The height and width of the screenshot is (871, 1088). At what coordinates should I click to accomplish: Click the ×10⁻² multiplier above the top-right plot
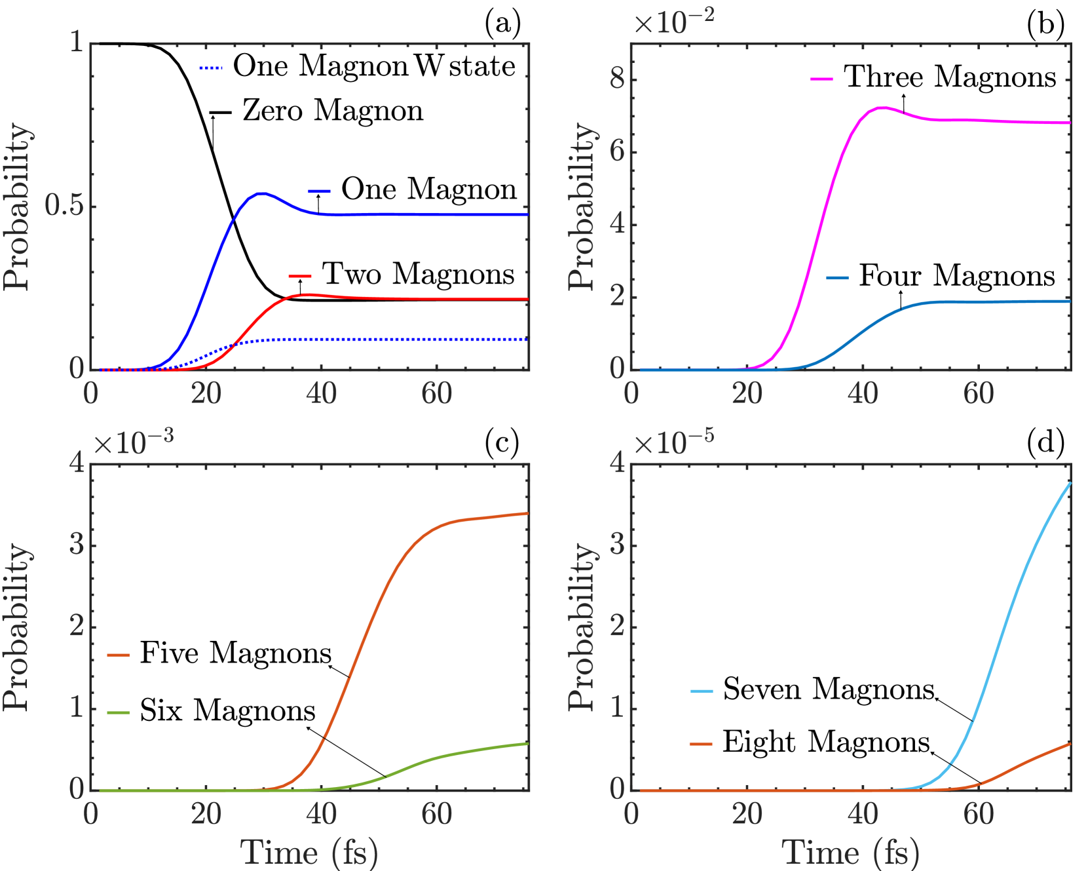tap(673, 22)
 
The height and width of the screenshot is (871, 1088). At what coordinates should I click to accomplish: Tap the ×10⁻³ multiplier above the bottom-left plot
tap(134, 443)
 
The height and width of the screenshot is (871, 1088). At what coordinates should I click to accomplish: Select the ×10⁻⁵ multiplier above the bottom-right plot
tap(673, 443)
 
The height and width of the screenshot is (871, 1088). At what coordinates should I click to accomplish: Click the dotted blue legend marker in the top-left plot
tap(211, 68)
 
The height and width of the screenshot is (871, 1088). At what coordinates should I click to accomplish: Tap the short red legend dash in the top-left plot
tap(300, 276)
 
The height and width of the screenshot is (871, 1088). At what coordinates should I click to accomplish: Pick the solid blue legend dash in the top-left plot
tap(320, 191)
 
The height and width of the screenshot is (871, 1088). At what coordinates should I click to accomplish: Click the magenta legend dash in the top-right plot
tap(821, 79)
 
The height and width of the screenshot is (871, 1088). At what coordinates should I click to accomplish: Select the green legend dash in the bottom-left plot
tap(119, 712)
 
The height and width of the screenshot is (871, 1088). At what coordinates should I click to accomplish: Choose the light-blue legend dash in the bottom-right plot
tap(702, 691)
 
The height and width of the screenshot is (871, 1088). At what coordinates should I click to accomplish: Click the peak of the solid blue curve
tap(261, 193)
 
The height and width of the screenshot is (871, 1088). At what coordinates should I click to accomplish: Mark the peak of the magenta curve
tap(882, 107)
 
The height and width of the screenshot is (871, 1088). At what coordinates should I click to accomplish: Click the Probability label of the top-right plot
tap(581, 206)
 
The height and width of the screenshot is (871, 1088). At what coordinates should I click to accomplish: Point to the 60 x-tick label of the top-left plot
tap(436, 394)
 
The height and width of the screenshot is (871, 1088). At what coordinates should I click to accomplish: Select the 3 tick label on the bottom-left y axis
tap(77, 545)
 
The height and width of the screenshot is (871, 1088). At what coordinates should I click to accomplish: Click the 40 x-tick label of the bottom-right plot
tap(862, 815)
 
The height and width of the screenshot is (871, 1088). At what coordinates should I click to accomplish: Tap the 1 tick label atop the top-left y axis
tap(77, 43)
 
